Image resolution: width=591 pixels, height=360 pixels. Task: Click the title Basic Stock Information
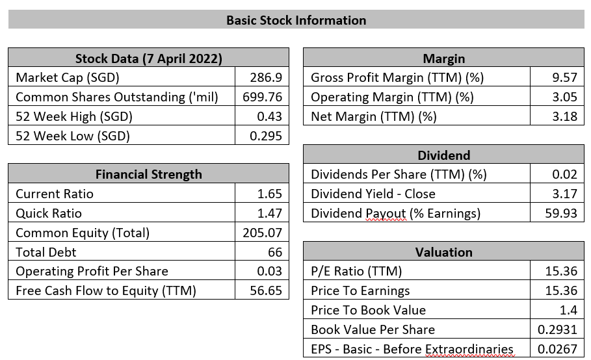pos(296,20)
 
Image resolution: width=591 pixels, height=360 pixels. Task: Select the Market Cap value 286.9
pos(266,77)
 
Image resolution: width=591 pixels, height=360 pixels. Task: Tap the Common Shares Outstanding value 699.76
pos(262,97)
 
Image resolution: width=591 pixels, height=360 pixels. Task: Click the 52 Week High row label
pos(74,117)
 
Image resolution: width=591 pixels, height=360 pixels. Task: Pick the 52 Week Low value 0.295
pos(266,136)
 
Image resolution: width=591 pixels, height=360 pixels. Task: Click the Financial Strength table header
pos(148,174)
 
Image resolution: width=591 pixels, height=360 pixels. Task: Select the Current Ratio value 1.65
pos(269,194)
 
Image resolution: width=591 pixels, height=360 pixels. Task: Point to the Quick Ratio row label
pos(49,214)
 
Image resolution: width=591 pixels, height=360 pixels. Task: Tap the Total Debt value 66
pos(275,252)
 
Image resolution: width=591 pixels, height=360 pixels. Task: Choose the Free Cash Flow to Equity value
pos(266,290)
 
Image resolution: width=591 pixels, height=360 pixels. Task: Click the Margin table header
pos(443,58)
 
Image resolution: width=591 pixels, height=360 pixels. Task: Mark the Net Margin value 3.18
pos(564,117)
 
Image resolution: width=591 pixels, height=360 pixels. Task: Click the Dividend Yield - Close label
pos(373,194)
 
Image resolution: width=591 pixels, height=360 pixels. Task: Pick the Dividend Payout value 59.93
pos(561,214)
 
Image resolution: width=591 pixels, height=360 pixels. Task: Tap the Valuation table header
pos(443,252)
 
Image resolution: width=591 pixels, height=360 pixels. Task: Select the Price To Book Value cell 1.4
pos(568,311)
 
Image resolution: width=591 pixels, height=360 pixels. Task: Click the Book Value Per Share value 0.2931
pos(557,330)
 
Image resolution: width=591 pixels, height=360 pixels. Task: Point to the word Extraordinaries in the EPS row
pos(469,350)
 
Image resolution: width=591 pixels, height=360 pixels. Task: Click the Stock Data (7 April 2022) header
pos(148,58)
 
